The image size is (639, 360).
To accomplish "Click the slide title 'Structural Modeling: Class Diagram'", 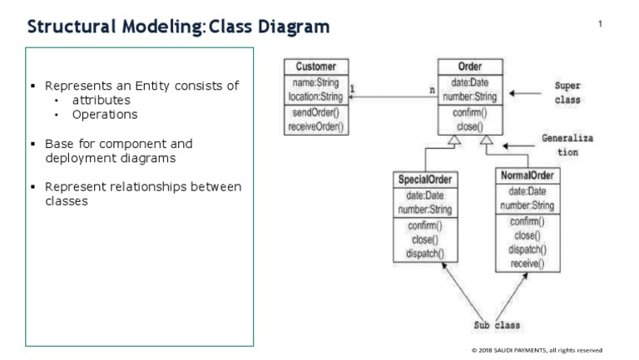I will (178, 27).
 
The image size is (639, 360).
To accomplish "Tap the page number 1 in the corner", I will (600, 24).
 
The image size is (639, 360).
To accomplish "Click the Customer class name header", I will (315, 67).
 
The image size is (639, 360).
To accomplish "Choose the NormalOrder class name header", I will (527, 175).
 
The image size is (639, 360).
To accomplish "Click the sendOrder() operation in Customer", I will (315, 113).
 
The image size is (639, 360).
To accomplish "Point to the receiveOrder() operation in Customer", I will (315, 126).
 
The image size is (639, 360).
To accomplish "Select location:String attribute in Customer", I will (315, 96).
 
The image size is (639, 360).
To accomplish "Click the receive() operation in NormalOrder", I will (527, 263).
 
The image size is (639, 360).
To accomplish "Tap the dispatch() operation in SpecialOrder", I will (424, 254).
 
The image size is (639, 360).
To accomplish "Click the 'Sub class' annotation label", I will (497, 325).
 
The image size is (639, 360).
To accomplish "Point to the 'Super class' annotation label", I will (567, 92).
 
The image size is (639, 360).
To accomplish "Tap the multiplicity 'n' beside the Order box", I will (431, 88).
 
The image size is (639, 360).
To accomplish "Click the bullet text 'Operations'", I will (105, 115).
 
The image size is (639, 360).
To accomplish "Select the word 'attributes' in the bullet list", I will (102, 101).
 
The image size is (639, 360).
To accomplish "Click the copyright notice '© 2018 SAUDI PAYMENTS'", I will (537, 350).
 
